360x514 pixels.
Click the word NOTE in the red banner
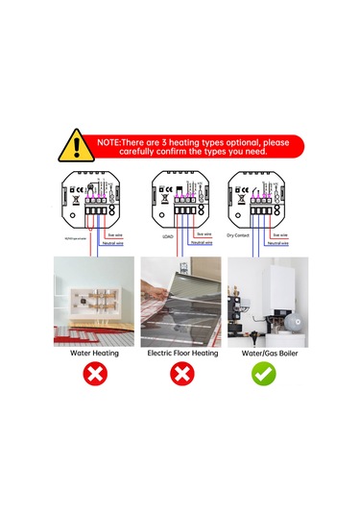point(111,141)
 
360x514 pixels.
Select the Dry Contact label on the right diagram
point(237,233)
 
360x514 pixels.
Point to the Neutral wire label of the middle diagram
point(201,242)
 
